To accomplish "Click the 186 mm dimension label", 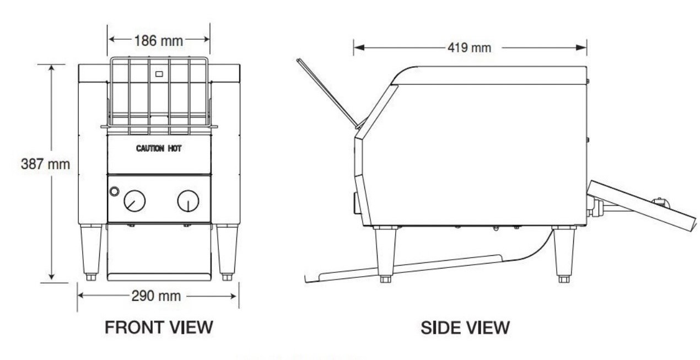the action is click(158, 41).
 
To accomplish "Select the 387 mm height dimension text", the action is click(45, 164).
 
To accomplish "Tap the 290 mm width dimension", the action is click(156, 296).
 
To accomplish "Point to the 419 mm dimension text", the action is click(470, 48).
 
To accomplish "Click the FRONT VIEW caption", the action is click(159, 327).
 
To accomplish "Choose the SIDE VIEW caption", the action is click(465, 327).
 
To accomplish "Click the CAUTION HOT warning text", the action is click(159, 148).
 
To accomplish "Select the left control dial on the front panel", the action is click(134, 201).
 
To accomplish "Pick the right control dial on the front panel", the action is click(188, 201).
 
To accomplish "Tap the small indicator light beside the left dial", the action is click(115, 191).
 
